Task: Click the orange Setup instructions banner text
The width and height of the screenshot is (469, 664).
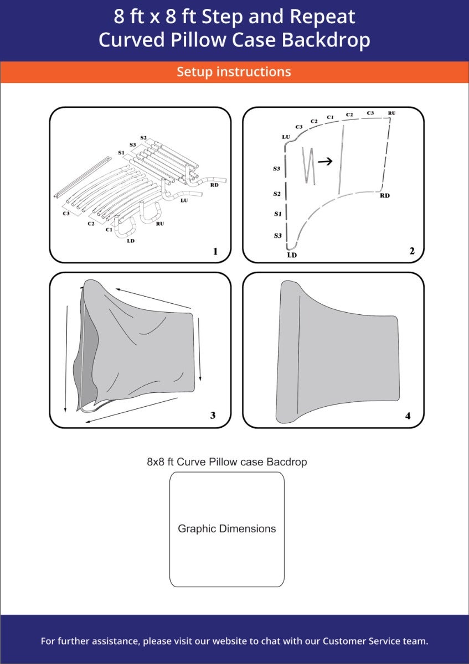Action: pos(234,72)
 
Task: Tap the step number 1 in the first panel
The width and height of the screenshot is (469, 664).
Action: pos(215,252)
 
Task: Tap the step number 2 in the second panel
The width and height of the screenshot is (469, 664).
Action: pos(411,251)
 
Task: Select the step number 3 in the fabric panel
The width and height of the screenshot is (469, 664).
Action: pos(213,415)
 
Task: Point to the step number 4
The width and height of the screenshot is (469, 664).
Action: pos(408,416)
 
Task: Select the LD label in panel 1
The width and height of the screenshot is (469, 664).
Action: pos(131,240)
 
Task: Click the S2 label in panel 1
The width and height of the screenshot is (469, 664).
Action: pos(143,137)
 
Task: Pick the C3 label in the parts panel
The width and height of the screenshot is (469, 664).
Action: pos(66,213)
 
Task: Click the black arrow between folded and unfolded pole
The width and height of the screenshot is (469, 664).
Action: pos(326,162)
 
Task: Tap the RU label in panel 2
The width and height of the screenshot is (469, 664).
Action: pos(391,113)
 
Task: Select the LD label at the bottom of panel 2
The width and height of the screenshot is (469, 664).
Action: pos(292,255)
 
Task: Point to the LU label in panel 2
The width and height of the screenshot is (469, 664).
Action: pos(286,136)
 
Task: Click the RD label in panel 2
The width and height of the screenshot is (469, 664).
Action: pos(385,195)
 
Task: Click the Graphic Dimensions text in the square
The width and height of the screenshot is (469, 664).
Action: pos(226,528)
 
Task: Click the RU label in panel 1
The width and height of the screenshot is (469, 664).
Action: pos(160,224)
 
